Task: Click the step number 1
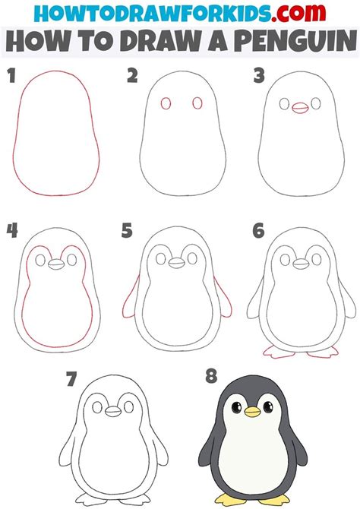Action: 11,76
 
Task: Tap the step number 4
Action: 12,231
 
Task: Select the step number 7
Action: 71,379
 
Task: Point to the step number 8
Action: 211,376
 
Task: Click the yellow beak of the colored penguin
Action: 252,412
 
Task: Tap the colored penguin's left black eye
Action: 236,407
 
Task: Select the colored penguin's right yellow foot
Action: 279,500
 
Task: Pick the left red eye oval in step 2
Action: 166,104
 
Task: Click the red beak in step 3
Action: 299,108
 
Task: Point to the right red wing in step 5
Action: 223,298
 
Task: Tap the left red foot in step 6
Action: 278,353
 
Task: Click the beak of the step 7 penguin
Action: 113,411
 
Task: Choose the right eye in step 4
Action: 71,260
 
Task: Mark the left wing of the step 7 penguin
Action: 68,449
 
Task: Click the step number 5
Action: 127,231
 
